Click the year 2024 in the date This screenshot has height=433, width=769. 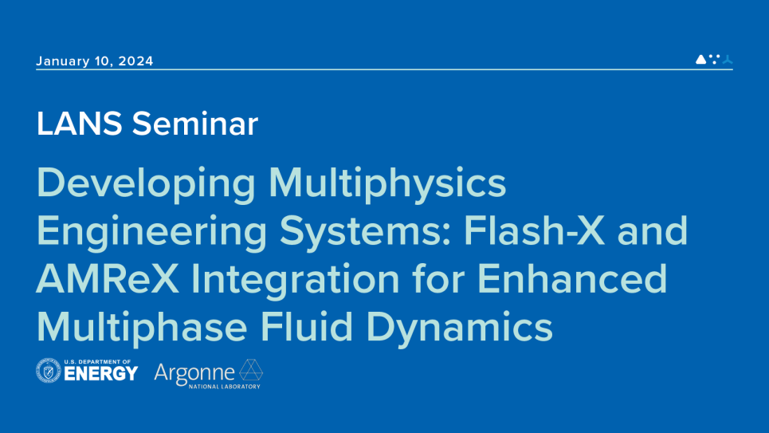(x=135, y=61)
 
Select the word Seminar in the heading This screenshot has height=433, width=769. (x=194, y=124)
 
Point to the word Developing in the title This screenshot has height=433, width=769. (x=146, y=184)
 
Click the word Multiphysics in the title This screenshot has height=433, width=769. (x=387, y=184)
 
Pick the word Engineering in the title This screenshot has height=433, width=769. (x=152, y=232)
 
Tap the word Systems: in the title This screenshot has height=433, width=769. (x=365, y=232)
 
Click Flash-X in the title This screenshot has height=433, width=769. (x=534, y=230)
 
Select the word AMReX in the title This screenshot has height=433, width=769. (x=108, y=279)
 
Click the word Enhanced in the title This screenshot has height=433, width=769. (x=572, y=278)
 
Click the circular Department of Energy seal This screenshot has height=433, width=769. (x=49, y=371)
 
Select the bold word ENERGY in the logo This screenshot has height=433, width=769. (x=101, y=374)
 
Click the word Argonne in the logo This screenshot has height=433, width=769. (x=194, y=374)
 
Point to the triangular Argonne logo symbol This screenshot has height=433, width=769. (x=251, y=369)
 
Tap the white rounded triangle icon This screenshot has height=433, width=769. (x=700, y=59)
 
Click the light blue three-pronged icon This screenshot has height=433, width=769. (x=728, y=60)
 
